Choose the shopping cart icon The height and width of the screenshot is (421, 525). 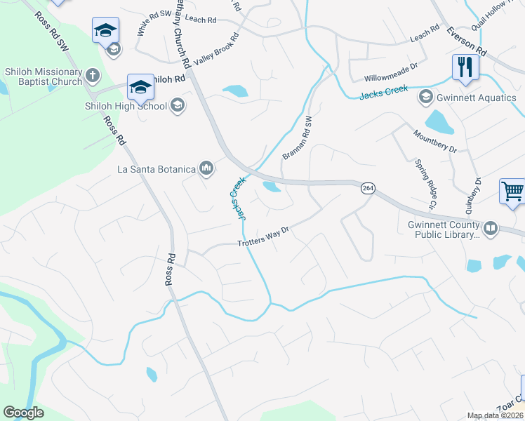click(512, 191)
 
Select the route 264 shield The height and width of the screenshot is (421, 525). click(367, 188)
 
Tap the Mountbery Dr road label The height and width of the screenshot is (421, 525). click(434, 141)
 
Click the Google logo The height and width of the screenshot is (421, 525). click(24, 413)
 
